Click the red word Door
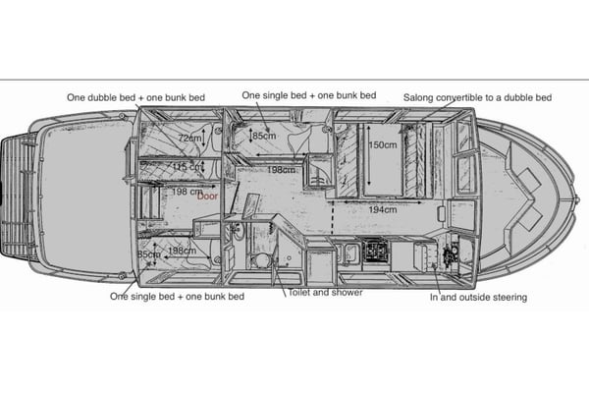[207, 196]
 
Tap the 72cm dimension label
[190, 139]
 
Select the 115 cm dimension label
[187, 167]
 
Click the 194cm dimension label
[383, 209]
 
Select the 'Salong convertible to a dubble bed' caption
[477, 97]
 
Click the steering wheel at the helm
[452, 254]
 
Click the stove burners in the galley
[376, 253]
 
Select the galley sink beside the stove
[350, 253]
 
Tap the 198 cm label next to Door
[178, 192]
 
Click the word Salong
[419, 97]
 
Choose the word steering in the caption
[508, 297]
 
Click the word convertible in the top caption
[465, 97]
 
